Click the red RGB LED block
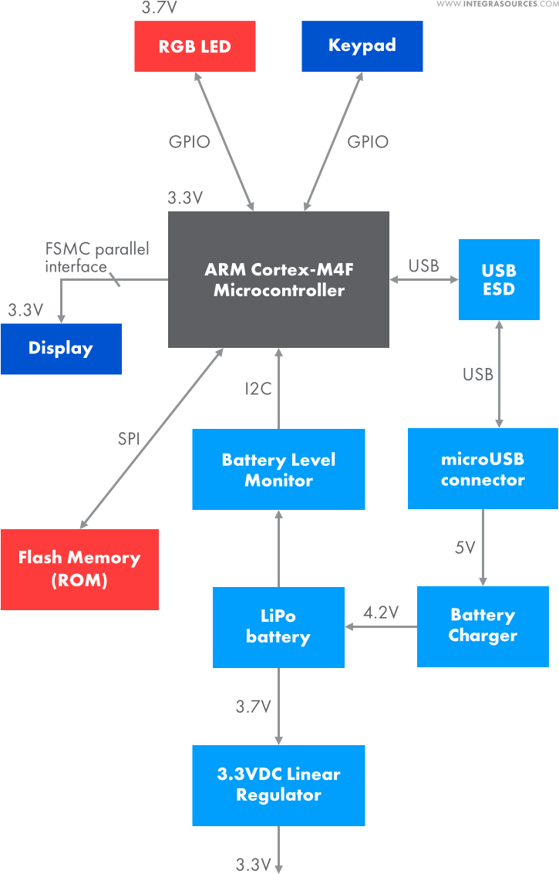click(194, 46)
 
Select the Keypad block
click(362, 46)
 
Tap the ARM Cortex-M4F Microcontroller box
click(278, 280)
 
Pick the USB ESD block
click(499, 280)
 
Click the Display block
click(61, 349)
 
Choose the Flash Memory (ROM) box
click(79, 569)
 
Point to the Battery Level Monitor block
click(278, 470)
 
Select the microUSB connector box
click(483, 469)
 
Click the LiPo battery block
click(278, 626)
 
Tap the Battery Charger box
click(483, 626)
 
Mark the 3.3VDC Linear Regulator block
click(278, 785)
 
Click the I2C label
click(258, 389)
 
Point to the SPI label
click(130, 439)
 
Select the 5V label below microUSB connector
click(466, 548)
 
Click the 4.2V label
click(381, 613)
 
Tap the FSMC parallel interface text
click(96, 258)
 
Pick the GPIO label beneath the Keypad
click(368, 142)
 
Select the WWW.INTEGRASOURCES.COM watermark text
click(497, 5)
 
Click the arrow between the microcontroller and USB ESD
click(423, 280)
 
